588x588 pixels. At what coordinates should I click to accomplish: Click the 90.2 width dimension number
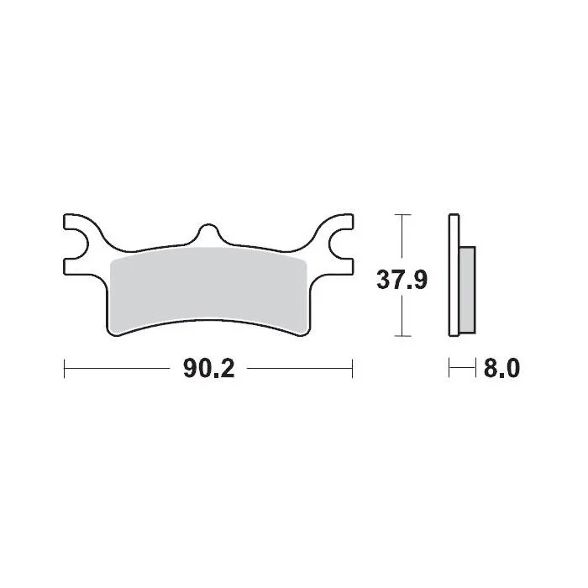click(209, 368)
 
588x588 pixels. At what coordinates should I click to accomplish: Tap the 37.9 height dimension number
click(402, 280)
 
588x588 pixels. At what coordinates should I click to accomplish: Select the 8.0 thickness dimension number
click(501, 368)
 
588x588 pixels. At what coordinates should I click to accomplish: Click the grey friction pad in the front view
click(208, 290)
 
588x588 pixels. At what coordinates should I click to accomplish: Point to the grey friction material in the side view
click(467, 290)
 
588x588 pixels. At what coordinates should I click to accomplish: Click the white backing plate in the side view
click(454, 275)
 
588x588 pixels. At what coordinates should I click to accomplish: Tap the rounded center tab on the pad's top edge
click(208, 233)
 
